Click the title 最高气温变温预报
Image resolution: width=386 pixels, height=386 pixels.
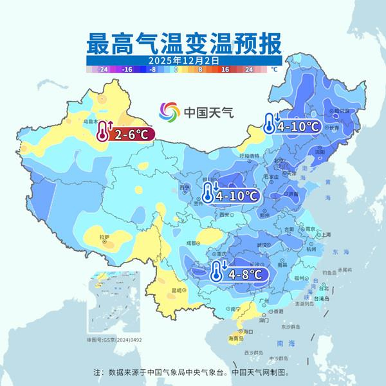(184, 44)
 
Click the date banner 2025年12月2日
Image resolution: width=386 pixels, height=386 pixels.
(184, 60)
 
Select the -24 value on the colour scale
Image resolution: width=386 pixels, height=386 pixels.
(101, 68)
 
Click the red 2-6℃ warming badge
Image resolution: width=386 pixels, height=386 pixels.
(125, 134)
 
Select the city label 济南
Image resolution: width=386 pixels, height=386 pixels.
(293, 194)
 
